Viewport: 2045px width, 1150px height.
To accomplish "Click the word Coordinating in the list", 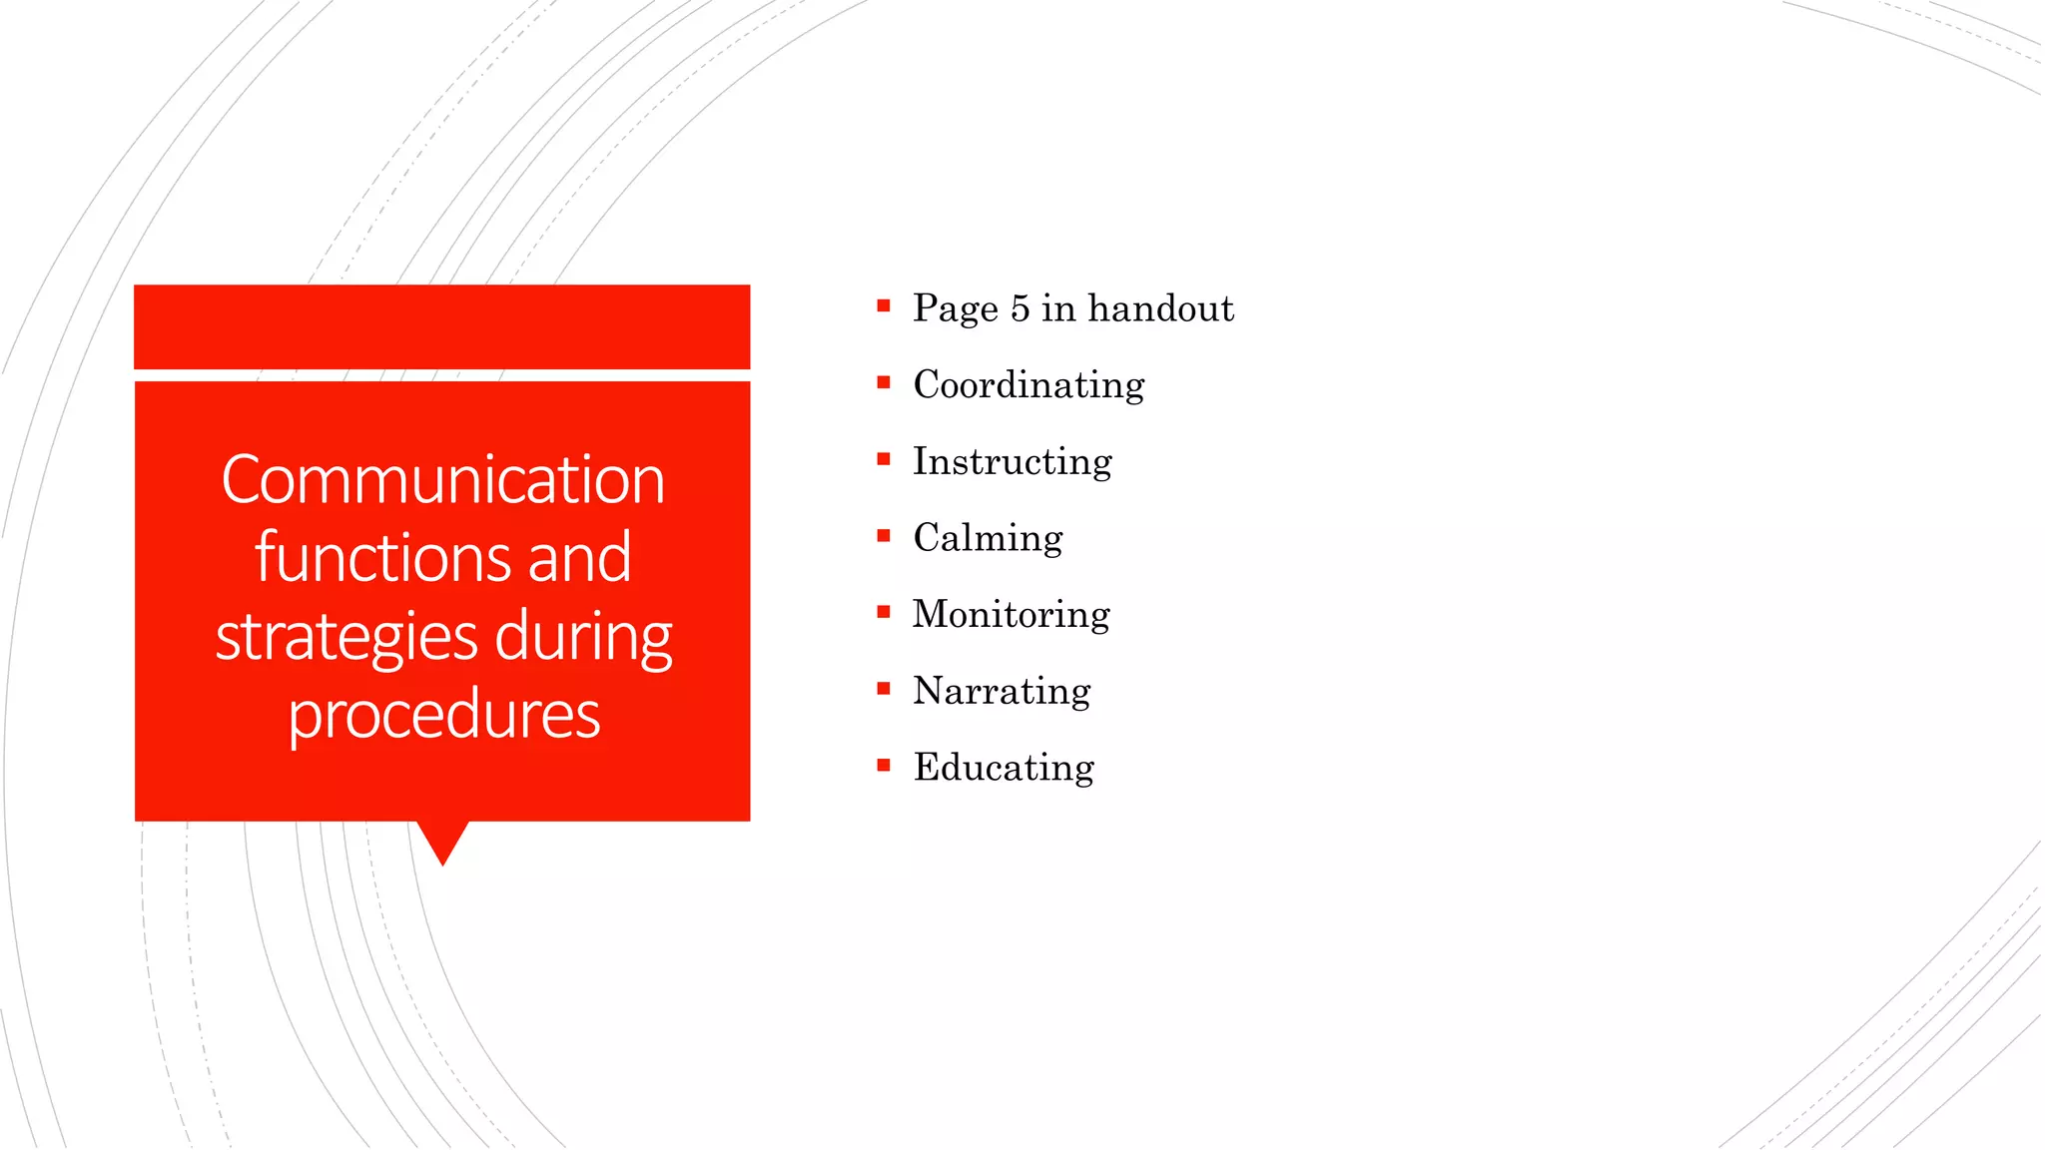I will (1028, 385).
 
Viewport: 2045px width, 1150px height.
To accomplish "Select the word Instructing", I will (1012, 462).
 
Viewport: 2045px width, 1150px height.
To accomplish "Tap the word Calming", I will (988, 538).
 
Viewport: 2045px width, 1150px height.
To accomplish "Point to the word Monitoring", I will (1011, 615).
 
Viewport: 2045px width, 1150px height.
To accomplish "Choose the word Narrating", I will (1002, 691).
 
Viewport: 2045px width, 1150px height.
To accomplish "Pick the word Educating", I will (1004, 768).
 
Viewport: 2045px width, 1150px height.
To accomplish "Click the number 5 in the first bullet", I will (1020, 308).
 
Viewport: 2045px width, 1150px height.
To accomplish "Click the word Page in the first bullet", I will (955, 309).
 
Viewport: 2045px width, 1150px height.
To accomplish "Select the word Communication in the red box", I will (442, 480).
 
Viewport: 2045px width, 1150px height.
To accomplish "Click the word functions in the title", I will (379, 558).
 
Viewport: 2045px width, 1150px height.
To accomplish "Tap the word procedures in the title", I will (443, 715).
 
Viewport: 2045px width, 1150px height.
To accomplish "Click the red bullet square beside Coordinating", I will (883, 382).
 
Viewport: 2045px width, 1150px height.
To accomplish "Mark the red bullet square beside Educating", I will (883, 766).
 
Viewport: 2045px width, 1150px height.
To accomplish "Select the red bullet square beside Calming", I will (883, 536).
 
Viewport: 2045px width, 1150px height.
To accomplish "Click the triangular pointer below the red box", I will (442, 840).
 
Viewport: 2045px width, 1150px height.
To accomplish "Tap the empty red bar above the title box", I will (441, 326).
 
